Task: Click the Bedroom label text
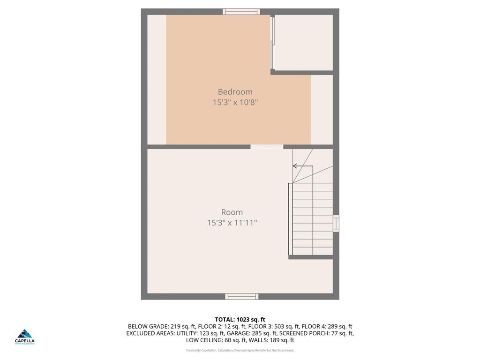pyautogui.click(x=235, y=92)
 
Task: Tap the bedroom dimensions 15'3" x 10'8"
pyautogui.click(x=235, y=102)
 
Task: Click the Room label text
pyautogui.click(x=232, y=212)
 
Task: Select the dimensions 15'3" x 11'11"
pyautogui.click(x=232, y=223)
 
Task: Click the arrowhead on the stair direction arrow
pyautogui.click(x=295, y=166)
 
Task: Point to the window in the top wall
pyautogui.click(x=241, y=11)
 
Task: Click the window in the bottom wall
pyautogui.click(x=242, y=296)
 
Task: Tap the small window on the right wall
pyautogui.click(x=336, y=223)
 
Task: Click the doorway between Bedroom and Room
pyautogui.click(x=267, y=147)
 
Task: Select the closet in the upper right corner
pyautogui.click(x=303, y=43)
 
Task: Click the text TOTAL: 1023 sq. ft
pyautogui.click(x=240, y=320)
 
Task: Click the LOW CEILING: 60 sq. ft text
pyautogui.click(x=215, y=341)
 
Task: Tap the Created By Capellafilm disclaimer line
pyautogui.click(x=240, y=350)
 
